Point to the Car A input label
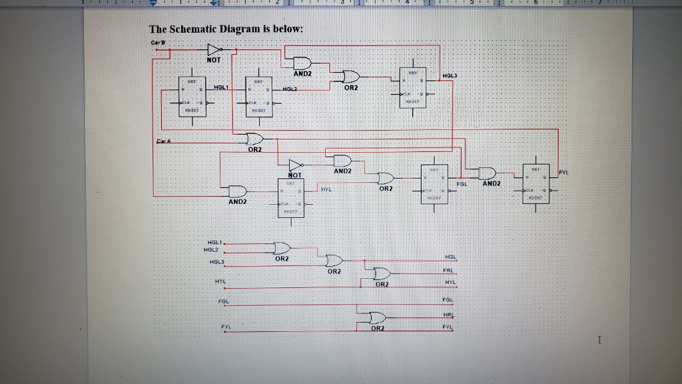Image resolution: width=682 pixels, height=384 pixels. (x=164, y=141)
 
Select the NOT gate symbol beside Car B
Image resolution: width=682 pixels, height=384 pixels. (x=214, y=50)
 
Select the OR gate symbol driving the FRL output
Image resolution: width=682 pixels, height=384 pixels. (x=382, y=273)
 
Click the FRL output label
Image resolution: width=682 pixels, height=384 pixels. (x=449, y=271)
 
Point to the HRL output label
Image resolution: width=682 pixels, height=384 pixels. (x=448, y=315)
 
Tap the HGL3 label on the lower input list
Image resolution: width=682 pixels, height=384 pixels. (x=216, y=262)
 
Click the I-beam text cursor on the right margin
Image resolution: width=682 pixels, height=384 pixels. (x=600, y=341)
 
